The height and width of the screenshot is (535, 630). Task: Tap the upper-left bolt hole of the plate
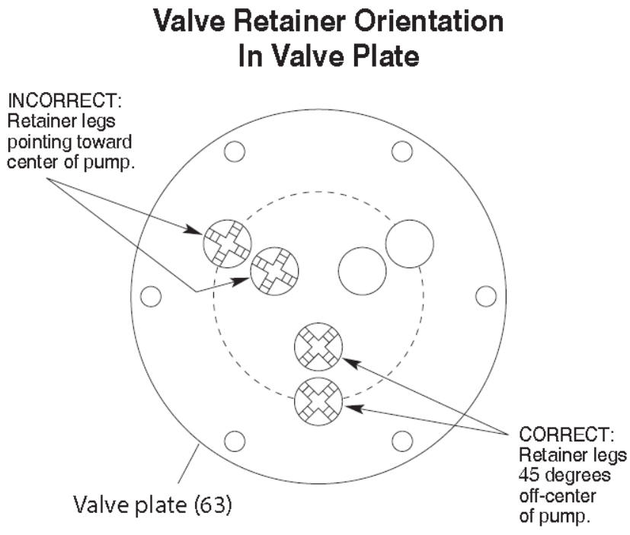tap(235, 151)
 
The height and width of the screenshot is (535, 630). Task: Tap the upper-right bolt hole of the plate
tap(401, 151)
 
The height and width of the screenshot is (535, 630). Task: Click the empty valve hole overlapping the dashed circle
tap(409, 244)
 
